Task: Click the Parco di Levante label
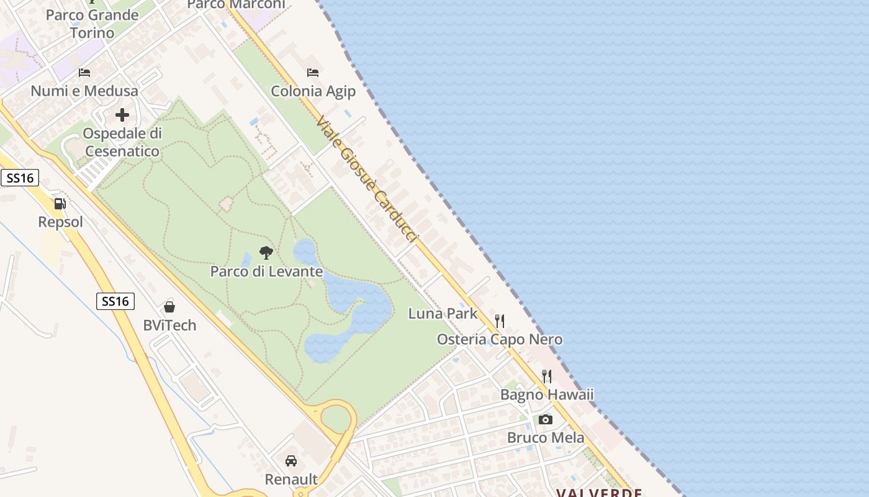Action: click(x=266, y=271)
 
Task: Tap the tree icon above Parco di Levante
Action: click(x=266, y=253)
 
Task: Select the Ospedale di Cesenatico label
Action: click(x=122, y=142)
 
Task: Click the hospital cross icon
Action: click(x=122, y=115)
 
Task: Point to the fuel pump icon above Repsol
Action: click(x=60, y=203)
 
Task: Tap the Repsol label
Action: click(x=60, y=222)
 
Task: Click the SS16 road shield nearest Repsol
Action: click(x=20, y=178)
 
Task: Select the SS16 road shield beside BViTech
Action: click(x=115, y=301)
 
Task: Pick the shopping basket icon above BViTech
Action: click(x=169, y=306)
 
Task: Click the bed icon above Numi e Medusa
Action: click(x=84, y=73)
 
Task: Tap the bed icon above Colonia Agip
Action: click(x=313, y=73)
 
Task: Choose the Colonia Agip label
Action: click(x=313, y=91)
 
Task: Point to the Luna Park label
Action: click(x=443, y=313)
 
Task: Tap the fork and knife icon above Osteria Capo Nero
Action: click(x=500, y=321)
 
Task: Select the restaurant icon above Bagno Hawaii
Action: click(x=547, y=376)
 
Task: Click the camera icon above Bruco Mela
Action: click(x=546, y=419)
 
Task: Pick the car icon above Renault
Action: click(x=291, y=460)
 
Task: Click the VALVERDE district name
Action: click(x=599, y=493)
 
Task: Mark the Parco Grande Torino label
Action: click(x=92, y=24)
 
